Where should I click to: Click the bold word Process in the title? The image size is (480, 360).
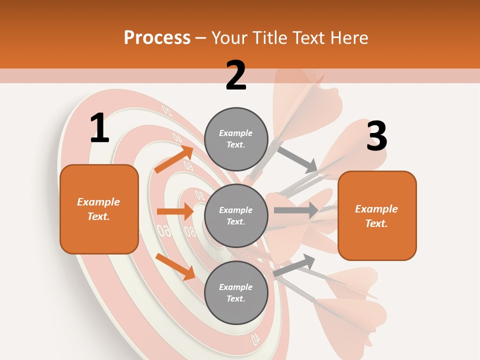point(157,37)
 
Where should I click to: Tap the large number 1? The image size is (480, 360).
point(99,128)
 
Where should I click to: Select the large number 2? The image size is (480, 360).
point(236,75)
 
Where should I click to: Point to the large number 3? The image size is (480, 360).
point(376,136)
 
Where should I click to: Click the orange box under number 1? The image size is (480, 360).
point(99,209)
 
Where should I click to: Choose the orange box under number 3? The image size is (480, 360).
point(377,215)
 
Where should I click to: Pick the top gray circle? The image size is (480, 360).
point(236,139)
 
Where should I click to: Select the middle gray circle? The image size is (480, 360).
point(236,216)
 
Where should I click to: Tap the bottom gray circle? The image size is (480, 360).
point(236,292)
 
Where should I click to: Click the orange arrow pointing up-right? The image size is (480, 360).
point(174,159)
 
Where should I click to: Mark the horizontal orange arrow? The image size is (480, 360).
point(175,211)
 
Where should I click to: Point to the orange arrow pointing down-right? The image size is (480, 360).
point(175,266)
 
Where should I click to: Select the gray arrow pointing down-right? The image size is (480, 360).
point(297,159)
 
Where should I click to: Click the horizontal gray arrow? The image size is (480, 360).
point(295,210)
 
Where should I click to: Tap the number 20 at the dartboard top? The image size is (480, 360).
point(167,109)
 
